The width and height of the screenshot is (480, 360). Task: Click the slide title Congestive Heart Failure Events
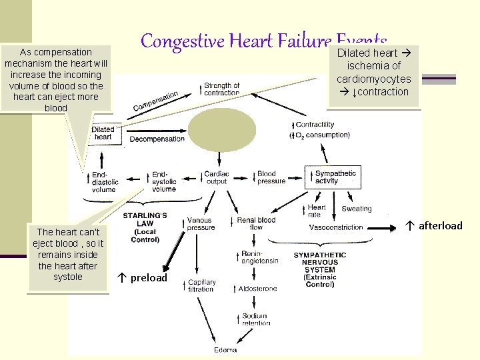pyautogui.click(x=263, y=43)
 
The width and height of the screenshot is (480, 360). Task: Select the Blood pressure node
pyautogui.click(x=271, y=177)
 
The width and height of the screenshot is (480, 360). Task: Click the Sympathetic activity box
pyautogui.click(x=335, y=177)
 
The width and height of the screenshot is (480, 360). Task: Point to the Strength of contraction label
pyautogui.click(x=221, y=89)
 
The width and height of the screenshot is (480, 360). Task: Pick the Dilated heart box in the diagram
pyautogui.click(x=103, y=133)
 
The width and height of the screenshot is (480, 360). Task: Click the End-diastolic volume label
pyautogui.click(x=102, y=181)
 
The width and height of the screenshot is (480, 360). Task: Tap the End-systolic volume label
pyautogui.click(x=164, y=181)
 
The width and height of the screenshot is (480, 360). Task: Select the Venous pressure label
pyautogui.click(x=199, y=223)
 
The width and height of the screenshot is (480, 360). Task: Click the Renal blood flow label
pyautogui.click(x=256, y=223)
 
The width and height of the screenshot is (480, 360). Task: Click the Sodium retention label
pyautogui.click(x=255, y=319)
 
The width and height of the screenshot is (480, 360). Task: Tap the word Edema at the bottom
pyautogui.click(x=225, y=349)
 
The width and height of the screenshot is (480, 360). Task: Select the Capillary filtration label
pyautogui.click(x=202, y=285)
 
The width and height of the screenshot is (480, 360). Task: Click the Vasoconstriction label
pyautogui.click(x=336, y=227)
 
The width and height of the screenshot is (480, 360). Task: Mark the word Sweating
pyautogui.click(x=357, y=209)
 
